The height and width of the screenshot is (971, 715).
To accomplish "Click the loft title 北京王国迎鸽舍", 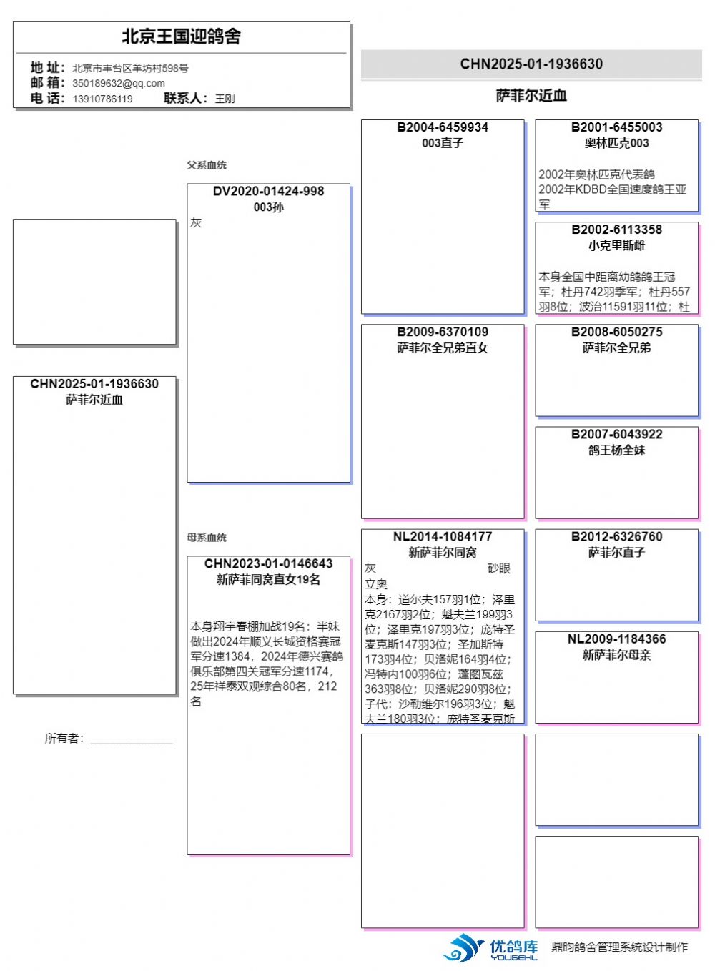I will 181,36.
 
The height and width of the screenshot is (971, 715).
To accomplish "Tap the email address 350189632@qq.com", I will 119,83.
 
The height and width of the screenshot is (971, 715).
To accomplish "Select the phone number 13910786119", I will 102,99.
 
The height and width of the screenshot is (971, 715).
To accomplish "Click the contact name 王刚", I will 225,99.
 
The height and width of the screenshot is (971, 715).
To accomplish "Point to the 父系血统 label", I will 207,165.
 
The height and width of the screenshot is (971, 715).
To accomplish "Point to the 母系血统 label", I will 207,538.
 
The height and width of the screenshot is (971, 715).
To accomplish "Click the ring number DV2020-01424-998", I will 268,192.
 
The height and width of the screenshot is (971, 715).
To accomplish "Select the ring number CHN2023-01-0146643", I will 268,564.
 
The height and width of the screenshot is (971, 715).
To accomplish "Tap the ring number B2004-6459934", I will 443,127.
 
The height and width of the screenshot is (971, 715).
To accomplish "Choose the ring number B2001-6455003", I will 616,127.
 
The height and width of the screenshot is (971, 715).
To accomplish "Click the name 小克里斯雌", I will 616,245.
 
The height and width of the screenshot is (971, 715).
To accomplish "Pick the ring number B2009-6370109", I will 443,332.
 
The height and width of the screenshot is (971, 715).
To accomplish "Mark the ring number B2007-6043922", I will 616,435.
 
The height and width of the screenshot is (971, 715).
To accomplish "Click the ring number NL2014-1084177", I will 443,537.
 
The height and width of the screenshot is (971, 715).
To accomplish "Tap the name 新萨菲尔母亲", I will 616,655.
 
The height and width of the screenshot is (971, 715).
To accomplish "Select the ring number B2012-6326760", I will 616,537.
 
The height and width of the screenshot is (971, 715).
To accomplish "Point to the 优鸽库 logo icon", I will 463,948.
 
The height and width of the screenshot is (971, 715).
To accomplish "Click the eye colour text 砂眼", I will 499,568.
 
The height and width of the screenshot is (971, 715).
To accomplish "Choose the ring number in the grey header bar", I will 531,64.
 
